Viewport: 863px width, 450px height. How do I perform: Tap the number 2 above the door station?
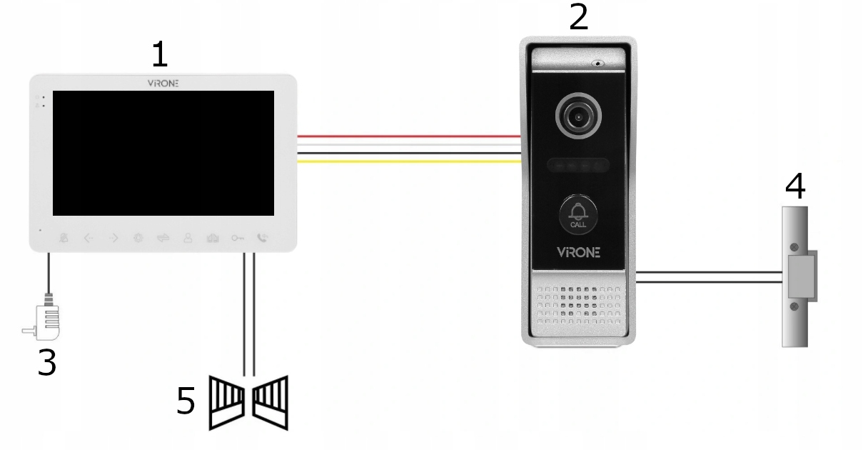(579, 16)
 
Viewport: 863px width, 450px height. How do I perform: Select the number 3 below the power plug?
(46, 363)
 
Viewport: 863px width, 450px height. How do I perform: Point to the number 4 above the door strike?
(795, 186)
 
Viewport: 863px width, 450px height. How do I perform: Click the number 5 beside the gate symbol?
(186, 401)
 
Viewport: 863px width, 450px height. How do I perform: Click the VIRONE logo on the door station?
(578, 252)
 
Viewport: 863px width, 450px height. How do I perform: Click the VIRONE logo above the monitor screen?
(163, 83)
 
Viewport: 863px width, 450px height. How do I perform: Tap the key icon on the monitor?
(238, 238)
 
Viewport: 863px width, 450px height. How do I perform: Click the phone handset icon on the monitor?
(263, 238)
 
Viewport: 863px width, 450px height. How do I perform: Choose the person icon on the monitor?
(188, 238)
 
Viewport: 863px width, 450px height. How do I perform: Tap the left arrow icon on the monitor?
(89, 238)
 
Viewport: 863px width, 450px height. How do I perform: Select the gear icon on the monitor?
(138, 238)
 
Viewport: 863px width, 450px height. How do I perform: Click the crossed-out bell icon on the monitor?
(64, 238)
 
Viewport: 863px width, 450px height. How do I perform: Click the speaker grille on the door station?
(577, 304)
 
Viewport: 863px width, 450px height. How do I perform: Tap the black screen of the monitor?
(163, 153)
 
